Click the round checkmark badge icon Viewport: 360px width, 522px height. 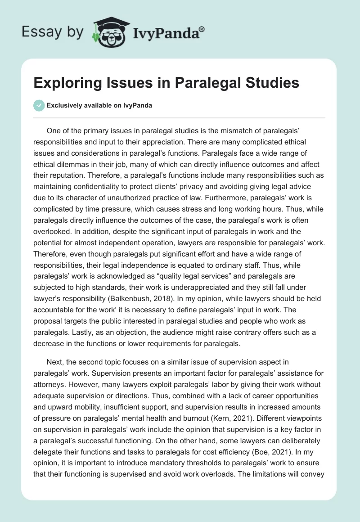click(x=39, y=105)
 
